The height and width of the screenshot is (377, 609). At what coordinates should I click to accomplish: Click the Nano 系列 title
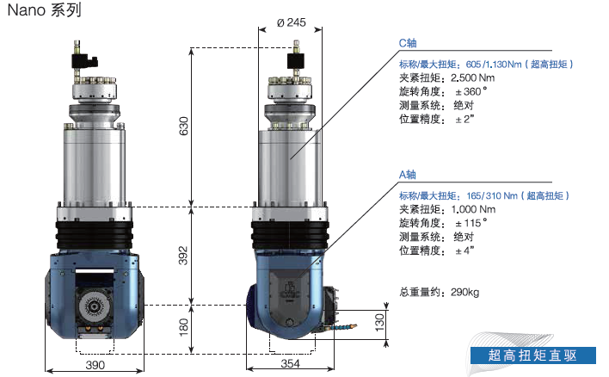pyautogui.click(x=44, y=10)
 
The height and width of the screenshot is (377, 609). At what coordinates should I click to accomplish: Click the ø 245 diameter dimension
pyautogui.click(x=292, y=22)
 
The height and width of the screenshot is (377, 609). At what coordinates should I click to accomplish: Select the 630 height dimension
pyautogui.click(x=183, y=126)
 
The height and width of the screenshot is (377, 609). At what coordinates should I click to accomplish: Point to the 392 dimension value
pyautogui.click(x=183, y=256)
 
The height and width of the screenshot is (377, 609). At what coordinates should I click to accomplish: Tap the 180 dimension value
pyautogui.click(x=183, y=327)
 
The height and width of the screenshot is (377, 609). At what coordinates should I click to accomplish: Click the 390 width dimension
pyautogui.click(x=95, y=365)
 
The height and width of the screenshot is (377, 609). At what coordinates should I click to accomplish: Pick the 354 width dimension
pyautogui.click(x=291, y=364)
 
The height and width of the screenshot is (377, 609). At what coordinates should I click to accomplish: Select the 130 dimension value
pyautogui.click(x=379, y=322)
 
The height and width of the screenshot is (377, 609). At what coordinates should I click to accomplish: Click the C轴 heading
pyautogui.click(x=408, y=43)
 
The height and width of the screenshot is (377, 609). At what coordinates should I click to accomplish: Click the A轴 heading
pyautogui.click(x=408, y=175)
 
